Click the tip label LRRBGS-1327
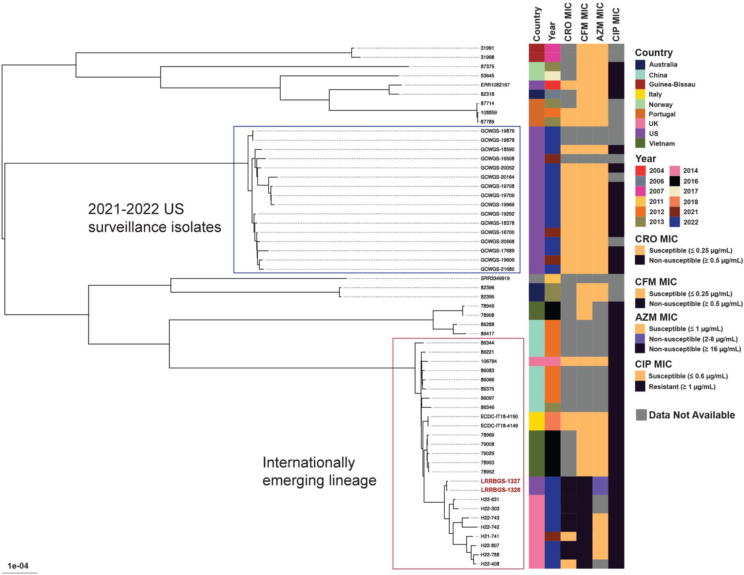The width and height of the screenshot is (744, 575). (x=500, y=481)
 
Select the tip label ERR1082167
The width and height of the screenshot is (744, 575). (x=495, y=85)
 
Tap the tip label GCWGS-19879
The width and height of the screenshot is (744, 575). (x=497, y=131)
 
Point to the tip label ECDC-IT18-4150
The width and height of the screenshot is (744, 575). (x=499, y=417)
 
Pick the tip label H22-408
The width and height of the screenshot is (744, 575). (x=490, y=564)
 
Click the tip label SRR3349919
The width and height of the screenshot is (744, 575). (x=495, y=279)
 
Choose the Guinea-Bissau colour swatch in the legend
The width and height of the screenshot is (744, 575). (x=640, y=85)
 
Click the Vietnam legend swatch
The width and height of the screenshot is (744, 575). (x=640, y=144)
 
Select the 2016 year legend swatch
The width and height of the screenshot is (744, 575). (x=675, y=181)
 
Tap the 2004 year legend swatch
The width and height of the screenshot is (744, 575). (x=640, y=171)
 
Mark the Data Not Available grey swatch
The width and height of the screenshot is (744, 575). (x=641, y=415)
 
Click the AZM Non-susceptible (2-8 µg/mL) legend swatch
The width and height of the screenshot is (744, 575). (x=640, y=339)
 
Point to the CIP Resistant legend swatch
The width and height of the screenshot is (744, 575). (x=640, y=387)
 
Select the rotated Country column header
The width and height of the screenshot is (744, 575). (x=537, y=24)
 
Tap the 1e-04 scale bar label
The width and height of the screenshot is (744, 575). (x=18, y=566)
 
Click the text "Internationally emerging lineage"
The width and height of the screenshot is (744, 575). (x=319, y=471)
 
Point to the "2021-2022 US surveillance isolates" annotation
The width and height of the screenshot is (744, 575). (x=155, y=218)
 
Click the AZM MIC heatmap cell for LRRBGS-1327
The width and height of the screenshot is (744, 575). (x=600, y=481)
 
